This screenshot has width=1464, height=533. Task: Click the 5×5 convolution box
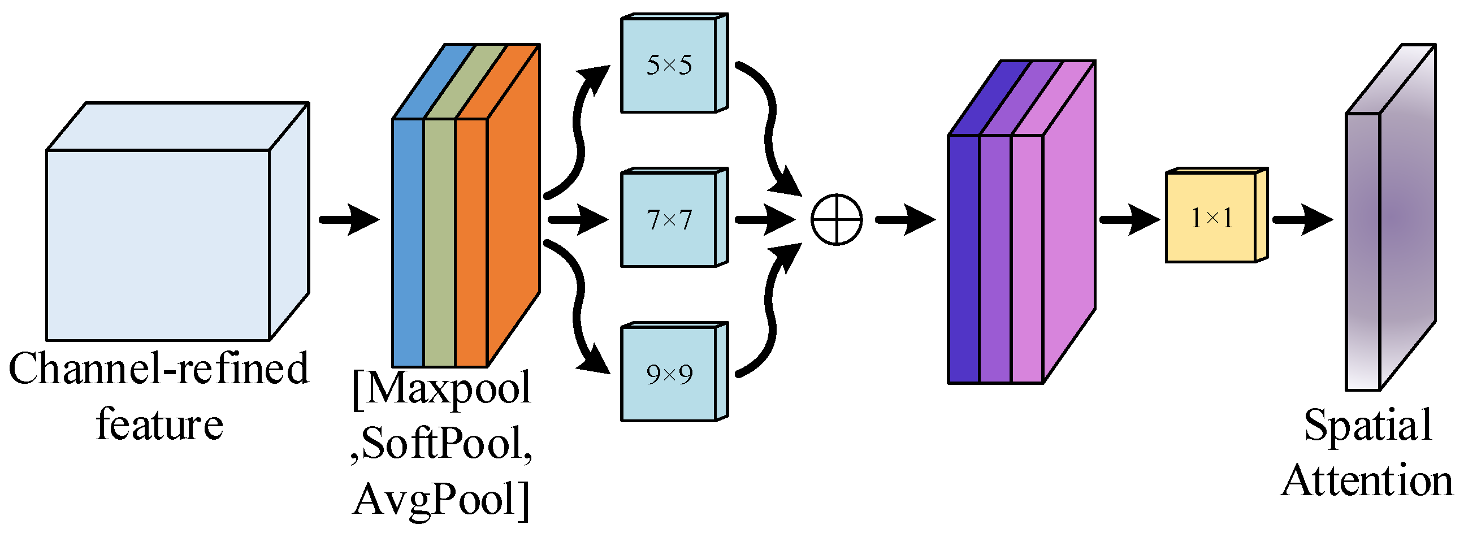(668, 66)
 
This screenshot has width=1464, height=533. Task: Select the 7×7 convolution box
(668, 220)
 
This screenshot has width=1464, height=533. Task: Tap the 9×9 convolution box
(668, 374)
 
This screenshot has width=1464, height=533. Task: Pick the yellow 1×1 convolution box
(1211, 218)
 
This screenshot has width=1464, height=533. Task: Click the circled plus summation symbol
(836, 220)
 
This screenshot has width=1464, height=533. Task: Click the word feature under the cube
(160, 425)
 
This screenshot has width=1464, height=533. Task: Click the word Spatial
(1367, 425)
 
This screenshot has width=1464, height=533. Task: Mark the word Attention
(1367, 481)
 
